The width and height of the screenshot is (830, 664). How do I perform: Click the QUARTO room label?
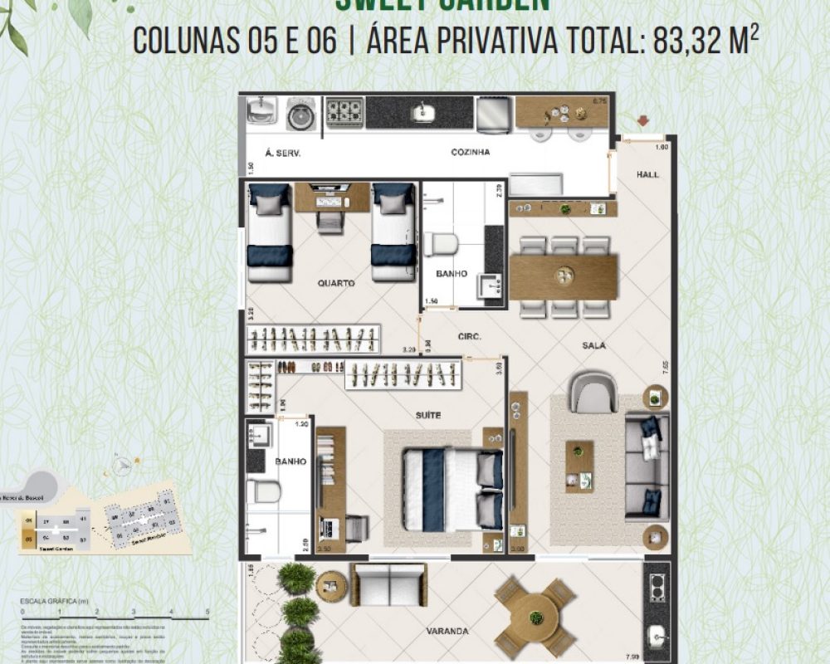click(x=335, y=283)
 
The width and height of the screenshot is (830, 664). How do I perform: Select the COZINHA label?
click(x=470, y=153)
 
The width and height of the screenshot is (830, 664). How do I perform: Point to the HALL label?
click(x=648, y=175)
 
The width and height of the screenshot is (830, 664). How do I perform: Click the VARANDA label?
click(x=448, y=631)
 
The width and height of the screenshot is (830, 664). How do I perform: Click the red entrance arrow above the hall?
click(x=642, y=123)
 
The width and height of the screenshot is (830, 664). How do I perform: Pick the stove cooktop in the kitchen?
click(x=344, y=111)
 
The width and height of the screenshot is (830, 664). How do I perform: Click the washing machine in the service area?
click(x=300, y=115)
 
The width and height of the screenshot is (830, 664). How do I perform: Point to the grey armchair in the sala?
click(x=593, y=392)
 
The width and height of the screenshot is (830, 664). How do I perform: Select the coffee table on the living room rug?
click(x=579, y=466)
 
